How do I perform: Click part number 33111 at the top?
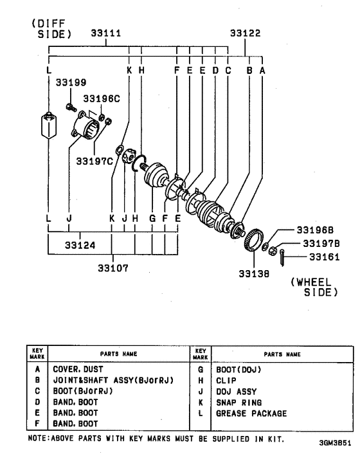point(106,33)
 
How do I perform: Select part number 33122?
point(245,33)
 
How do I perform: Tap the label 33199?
point(71,82)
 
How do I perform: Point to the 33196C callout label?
point(102,99)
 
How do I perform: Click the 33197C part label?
point(94,161)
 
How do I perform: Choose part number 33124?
point(80,245)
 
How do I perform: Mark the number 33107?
point(113,268)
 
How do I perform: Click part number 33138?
point(254,273)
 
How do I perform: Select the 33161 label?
point(325,257)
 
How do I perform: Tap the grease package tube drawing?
point(49,125)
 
